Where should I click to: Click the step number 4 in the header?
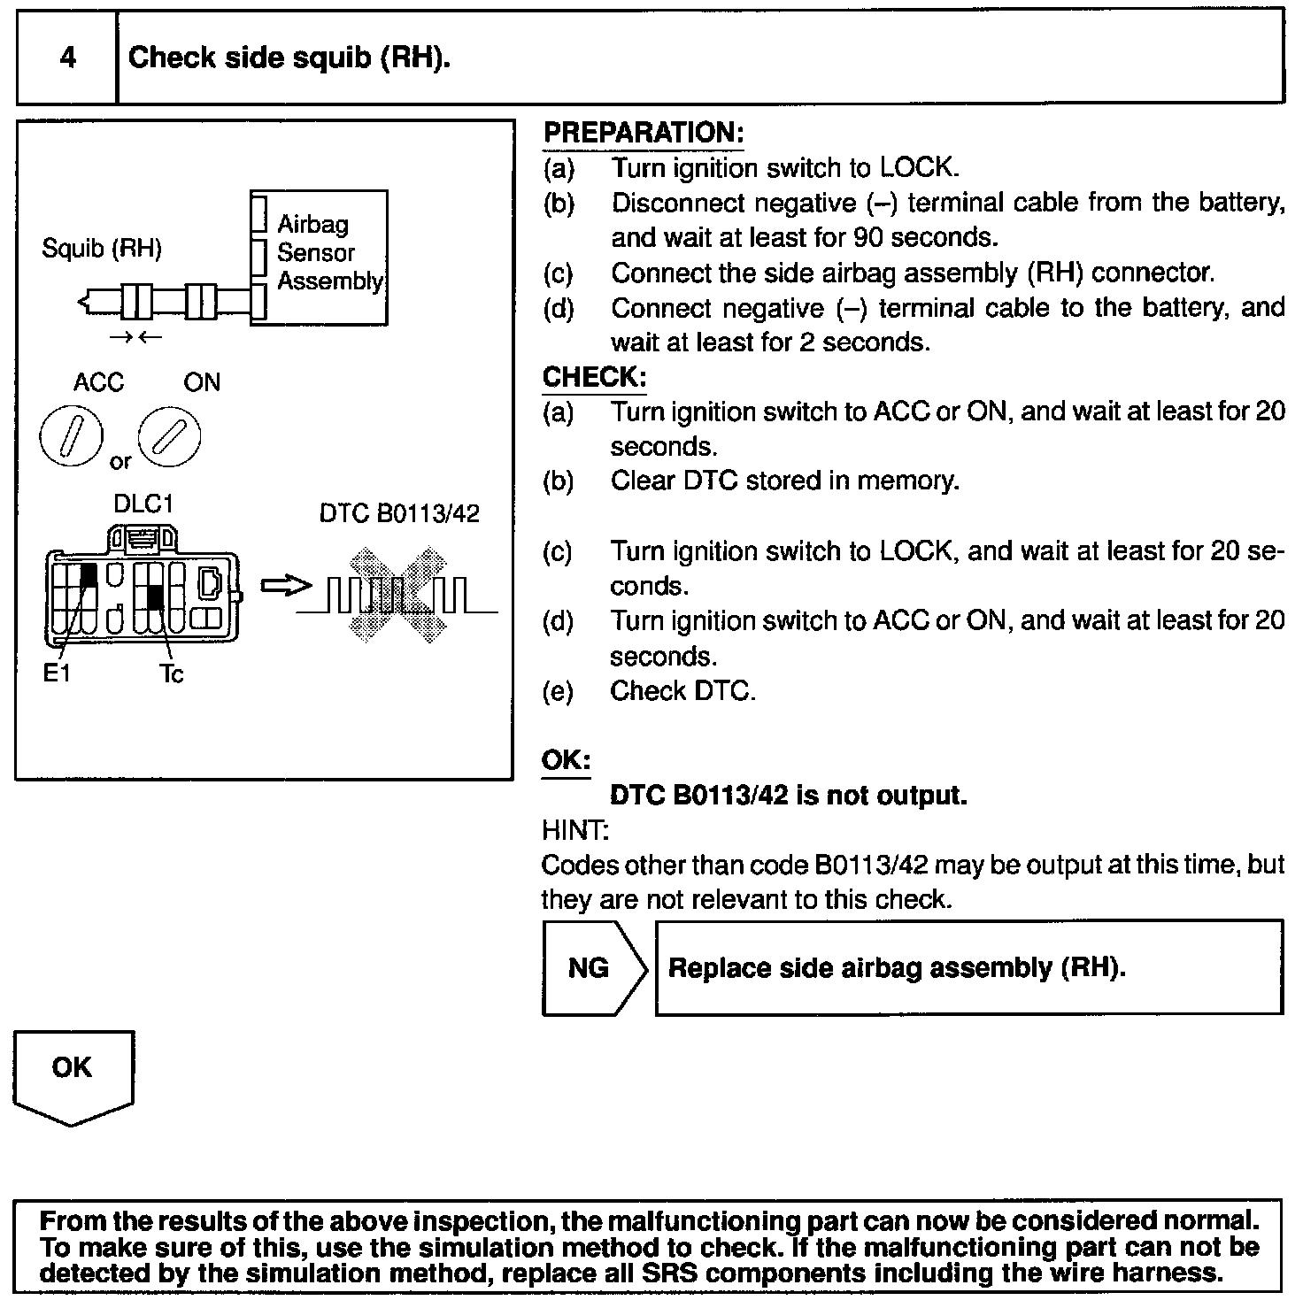[x=67, y=58]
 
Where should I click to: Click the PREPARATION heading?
[x=643, y=133]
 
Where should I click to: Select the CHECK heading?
[x=594, y=377]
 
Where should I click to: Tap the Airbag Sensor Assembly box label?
[x=328, y=252]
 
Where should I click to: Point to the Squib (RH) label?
[x=102, y=249]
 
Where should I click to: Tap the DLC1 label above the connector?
[x=143, y=504]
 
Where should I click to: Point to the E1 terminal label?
[x=57, y=674]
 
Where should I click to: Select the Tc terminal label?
[x=172, y=674]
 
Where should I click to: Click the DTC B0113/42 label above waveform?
[x=399, y=514]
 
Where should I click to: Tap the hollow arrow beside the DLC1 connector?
[x=286, y=586]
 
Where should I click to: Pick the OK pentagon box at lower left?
[x=73, y=1073]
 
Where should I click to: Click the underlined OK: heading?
[x=566, y=761]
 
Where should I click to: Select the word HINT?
[x=574, y=830]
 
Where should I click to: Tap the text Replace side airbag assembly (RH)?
[x=897, y=967]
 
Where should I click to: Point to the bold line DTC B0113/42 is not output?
[x=789, y=796]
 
